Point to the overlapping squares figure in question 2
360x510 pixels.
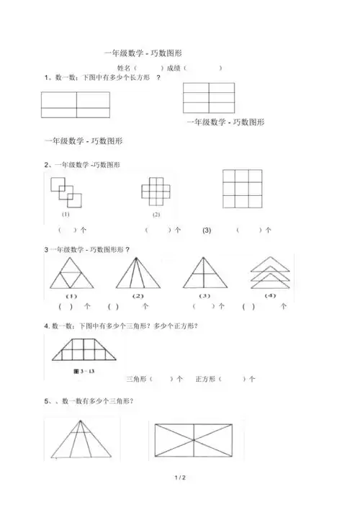tap(66, 191)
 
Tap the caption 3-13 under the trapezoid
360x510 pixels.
tap(66, 370)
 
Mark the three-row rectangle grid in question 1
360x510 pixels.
tap(209, 97)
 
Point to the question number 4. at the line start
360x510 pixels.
tap(47, 326)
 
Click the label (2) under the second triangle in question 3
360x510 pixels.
tap(139, 296)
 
